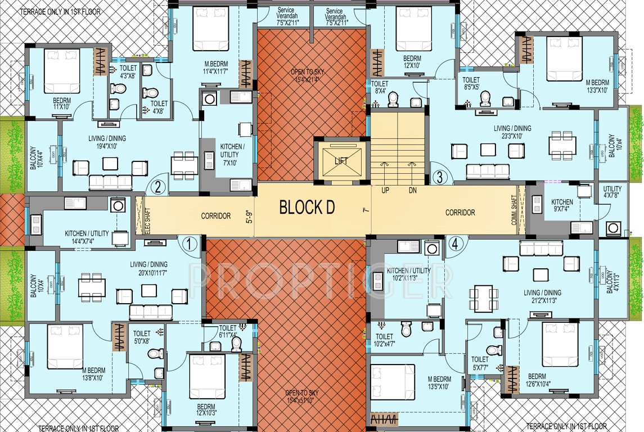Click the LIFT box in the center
(x=341, y=160)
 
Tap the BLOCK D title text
(x=307, y=208)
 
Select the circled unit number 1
(x=190, y=244)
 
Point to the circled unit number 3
(x=440, y=176)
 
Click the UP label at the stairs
(x=385, y=191)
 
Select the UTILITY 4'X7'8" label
(x=613, y=192)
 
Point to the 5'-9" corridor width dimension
(x=250, y=217)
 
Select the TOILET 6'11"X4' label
(x=228, y=331)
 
